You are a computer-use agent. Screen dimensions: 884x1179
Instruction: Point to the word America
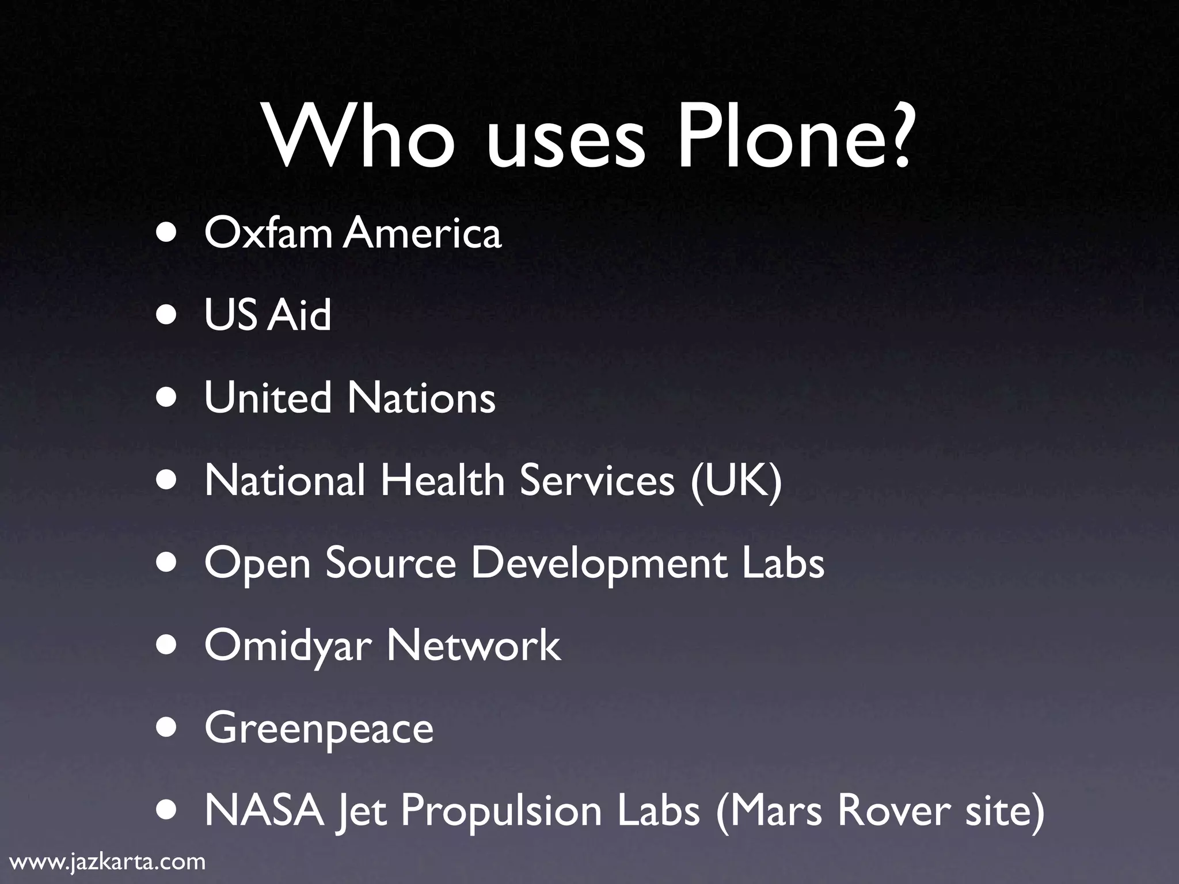(x=423, y=233)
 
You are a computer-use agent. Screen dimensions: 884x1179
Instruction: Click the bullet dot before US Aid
(x=168, y=316)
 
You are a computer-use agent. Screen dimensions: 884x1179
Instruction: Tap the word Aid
(x=299, y=315)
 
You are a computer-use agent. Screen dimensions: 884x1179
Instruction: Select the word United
(x=268, y=398)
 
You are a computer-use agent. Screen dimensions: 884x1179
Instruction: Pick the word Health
(x=442, y=480)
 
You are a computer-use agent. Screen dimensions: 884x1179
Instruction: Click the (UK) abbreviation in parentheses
(x=736, y=481)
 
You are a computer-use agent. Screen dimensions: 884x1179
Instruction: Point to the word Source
(x=391, y=563)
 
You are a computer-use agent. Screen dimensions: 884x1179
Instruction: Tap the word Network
(x=474, y=645)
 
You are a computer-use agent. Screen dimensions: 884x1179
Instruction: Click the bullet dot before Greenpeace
(x=168, y=729)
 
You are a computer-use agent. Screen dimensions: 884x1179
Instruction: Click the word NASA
(x=264, y=810)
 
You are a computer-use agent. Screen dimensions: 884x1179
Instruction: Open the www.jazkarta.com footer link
(x=108, y=862)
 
